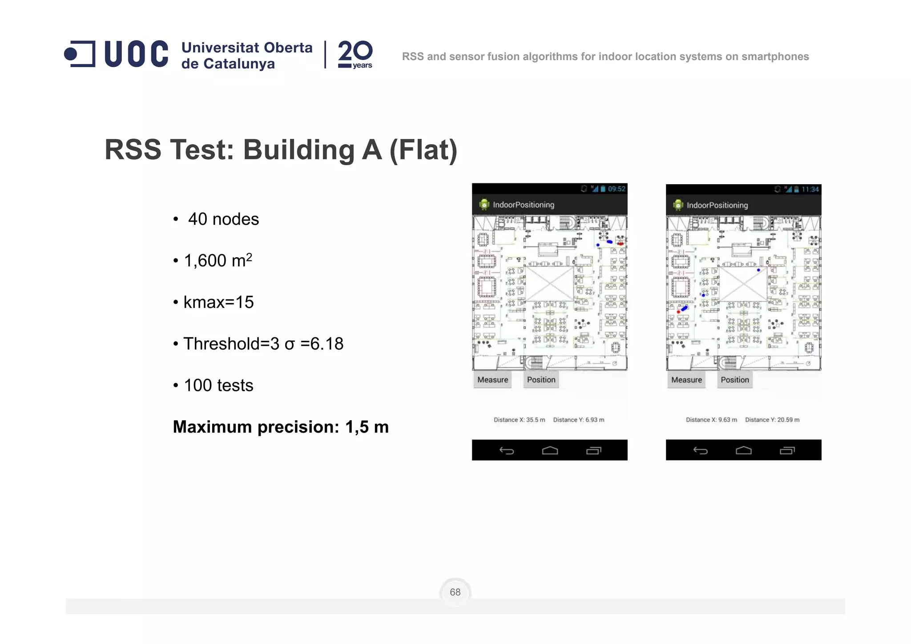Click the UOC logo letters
[x=136, y=54]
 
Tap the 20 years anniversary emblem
[x=355, y=54]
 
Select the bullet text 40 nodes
[x=223, y=219]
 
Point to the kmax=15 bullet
[x=218, y=302]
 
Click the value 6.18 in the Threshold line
[x=327, y=344]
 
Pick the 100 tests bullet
[x=218, y=385]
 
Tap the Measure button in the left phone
[x=492, y=380]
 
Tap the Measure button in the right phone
[x=686, y=380]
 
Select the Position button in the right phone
[x=735, y=380]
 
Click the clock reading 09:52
[x=617, y=189]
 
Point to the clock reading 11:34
[x=810, y=189]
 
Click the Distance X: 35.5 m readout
[x=519, y=420]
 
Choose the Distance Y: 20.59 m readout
[x=772, y=420]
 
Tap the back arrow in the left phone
[x=507, y=450]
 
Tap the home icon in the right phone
[x=743, y=450]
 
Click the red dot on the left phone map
[x=620, y=243]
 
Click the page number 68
[x=455, y=592]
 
